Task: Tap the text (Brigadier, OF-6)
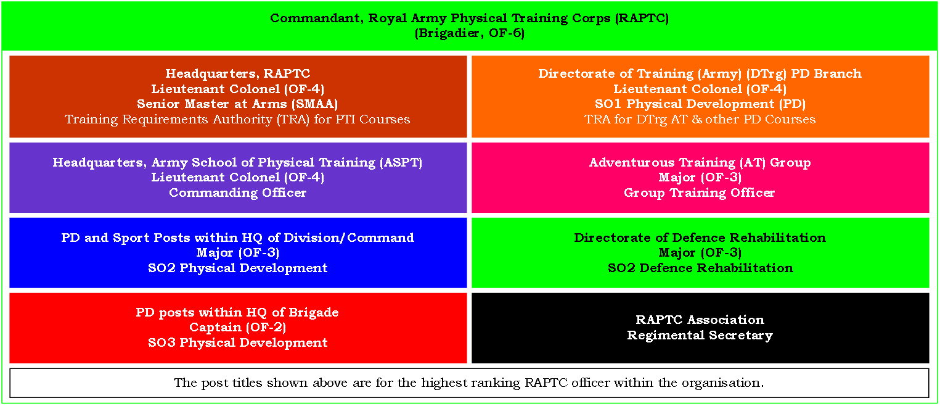[x=470, y=33]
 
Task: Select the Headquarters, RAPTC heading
[x=238, y=74]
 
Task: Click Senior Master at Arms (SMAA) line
[x=238, y=104]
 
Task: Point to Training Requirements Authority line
[x=238, y=119]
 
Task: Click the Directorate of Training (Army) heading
[x=700, y=74]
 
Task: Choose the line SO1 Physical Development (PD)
[x=700, y=104]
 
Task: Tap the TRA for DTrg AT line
[x=700, y=119]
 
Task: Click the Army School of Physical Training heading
[x=238, y=162]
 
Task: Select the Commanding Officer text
[x=238, y=193]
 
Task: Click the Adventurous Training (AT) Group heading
[x=700, y=162]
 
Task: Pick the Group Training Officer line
[x=700, y=193]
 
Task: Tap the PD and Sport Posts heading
[x=238, y=238]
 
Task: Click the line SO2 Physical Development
[x=238, y=268]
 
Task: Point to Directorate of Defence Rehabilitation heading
[x=700, y=238]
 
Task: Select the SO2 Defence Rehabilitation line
[x=700, y=268]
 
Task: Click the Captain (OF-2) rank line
[x=238, y=328]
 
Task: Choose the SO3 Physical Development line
[x=238, y=342]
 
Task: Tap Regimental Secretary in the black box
[x=700, y=335]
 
